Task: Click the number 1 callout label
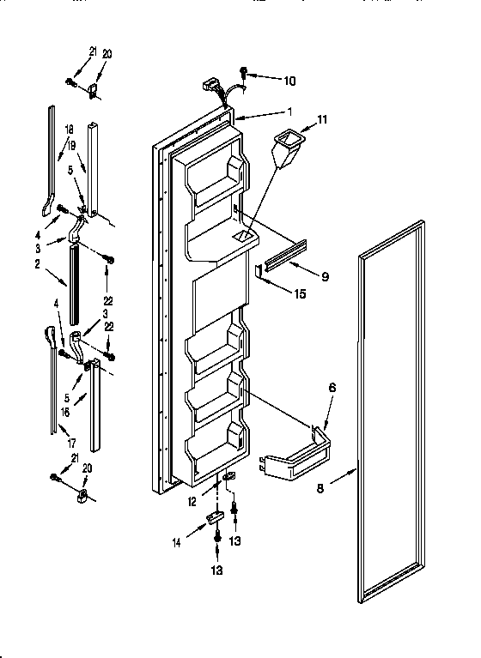(x=290, y=112)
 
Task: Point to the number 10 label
(x=289, y=81)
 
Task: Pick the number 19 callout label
(x=72, y=146)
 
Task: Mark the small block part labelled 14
(x=214, y=516)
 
